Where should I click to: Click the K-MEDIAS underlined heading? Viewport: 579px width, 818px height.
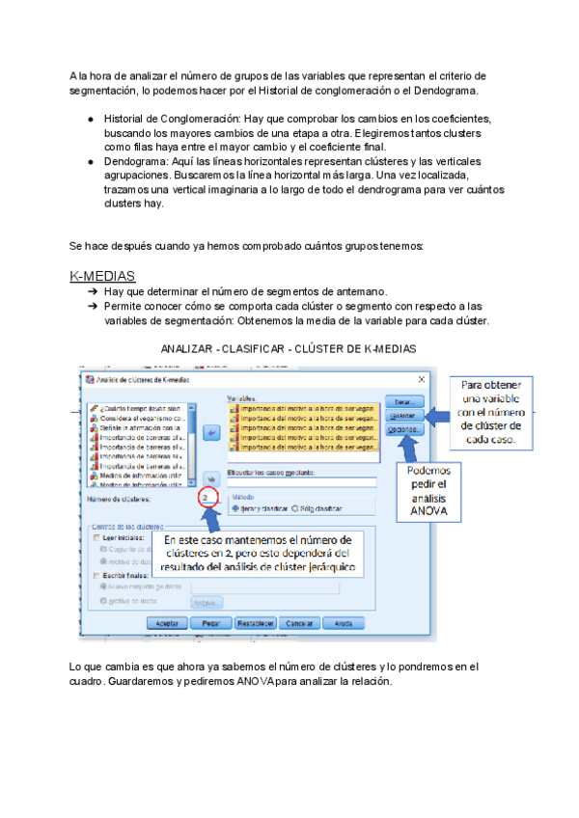pos(102,277)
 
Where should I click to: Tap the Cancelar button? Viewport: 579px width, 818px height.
pos(300,623)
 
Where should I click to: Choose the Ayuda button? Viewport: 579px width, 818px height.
pos(343,623)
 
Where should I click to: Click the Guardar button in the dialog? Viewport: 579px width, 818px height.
pos(403,417)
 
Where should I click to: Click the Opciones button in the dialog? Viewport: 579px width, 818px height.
pos(403,431)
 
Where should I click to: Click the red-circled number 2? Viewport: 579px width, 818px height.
pos(206,498)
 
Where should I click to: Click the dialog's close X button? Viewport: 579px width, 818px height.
pos(421,379)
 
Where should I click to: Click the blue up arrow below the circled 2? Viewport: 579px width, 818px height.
pos(214,521)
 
